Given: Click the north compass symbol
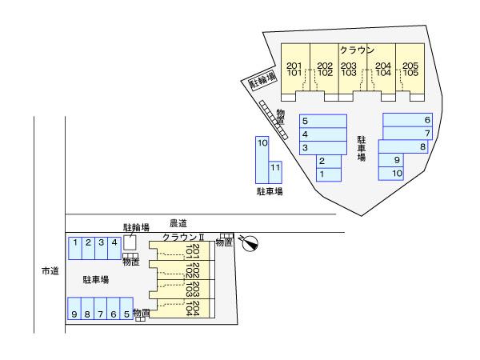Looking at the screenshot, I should [x=250, y=242].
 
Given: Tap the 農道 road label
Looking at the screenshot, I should [x=178, y=223].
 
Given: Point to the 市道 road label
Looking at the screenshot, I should [x=50, y=271].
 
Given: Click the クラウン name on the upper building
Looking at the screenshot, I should [x=356, y=50].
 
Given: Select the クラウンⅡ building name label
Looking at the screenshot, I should [x=184, y=238].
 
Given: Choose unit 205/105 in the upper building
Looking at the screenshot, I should [x=410, y=69].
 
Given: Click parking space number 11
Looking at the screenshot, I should [x=274, y=168].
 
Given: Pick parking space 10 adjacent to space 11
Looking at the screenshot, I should [x=262, y=143].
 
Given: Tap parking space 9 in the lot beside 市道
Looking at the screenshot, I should [x=74, y=314].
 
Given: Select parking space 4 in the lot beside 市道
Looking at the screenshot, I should [x=114, y=242].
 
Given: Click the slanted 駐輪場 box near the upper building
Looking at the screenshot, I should [x=262, y=79].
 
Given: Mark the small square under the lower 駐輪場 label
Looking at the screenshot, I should [x=130, y=242].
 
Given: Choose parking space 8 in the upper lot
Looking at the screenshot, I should [x=422, y=146].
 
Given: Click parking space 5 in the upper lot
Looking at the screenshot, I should [x=305, y=122].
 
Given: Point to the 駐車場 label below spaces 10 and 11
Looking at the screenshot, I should [x=269, y=192].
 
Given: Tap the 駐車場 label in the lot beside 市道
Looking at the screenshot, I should [x=96, y=280].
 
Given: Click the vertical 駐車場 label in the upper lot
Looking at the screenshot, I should [x=362, y=148].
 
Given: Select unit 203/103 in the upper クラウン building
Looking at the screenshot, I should [x=349, y=69].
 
